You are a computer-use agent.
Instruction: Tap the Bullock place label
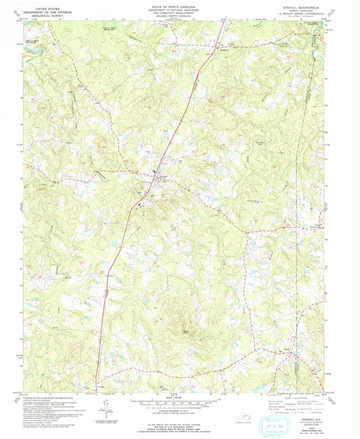[x=226, y=49]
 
